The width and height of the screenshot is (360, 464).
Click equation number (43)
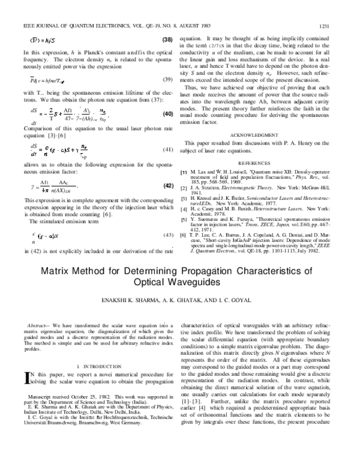point(168,234)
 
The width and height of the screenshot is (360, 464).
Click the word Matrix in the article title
point(57,270)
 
